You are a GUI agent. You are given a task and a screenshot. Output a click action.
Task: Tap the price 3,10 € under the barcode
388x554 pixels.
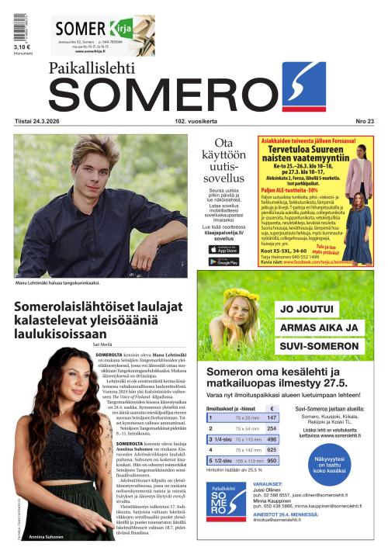(22, 47)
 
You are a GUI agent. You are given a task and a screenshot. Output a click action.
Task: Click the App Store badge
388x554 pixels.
(223, 249)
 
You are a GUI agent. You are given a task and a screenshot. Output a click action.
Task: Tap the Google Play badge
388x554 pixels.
(223, 261)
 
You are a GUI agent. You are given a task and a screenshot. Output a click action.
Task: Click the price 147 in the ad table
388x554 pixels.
(272, 417)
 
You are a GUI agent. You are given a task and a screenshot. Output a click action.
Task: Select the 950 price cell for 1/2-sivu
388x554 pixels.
(272, 461)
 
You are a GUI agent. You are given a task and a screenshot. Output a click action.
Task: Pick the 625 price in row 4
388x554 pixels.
(272, 450)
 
